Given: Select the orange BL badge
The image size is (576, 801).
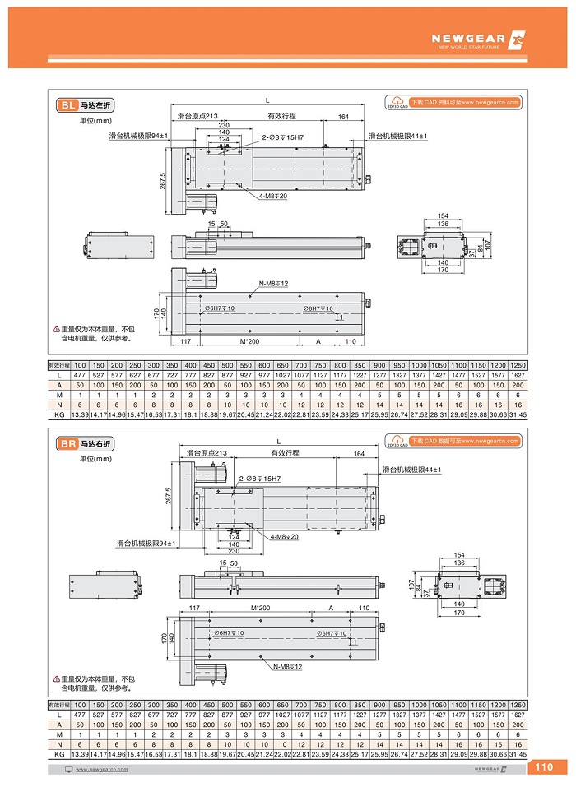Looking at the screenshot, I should point(67,105).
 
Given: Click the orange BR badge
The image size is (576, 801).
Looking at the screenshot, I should point(67,444).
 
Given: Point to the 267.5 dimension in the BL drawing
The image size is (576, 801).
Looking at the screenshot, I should point(163,182).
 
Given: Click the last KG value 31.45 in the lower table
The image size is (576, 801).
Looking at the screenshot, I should point(517,754).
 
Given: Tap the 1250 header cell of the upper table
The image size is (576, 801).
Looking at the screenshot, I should point(517,363).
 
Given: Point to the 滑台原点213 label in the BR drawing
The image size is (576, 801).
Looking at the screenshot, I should point(207,452).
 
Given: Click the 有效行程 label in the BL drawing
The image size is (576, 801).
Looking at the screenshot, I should point(281,116).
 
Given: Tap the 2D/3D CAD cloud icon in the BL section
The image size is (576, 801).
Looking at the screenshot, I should point(397,103).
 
